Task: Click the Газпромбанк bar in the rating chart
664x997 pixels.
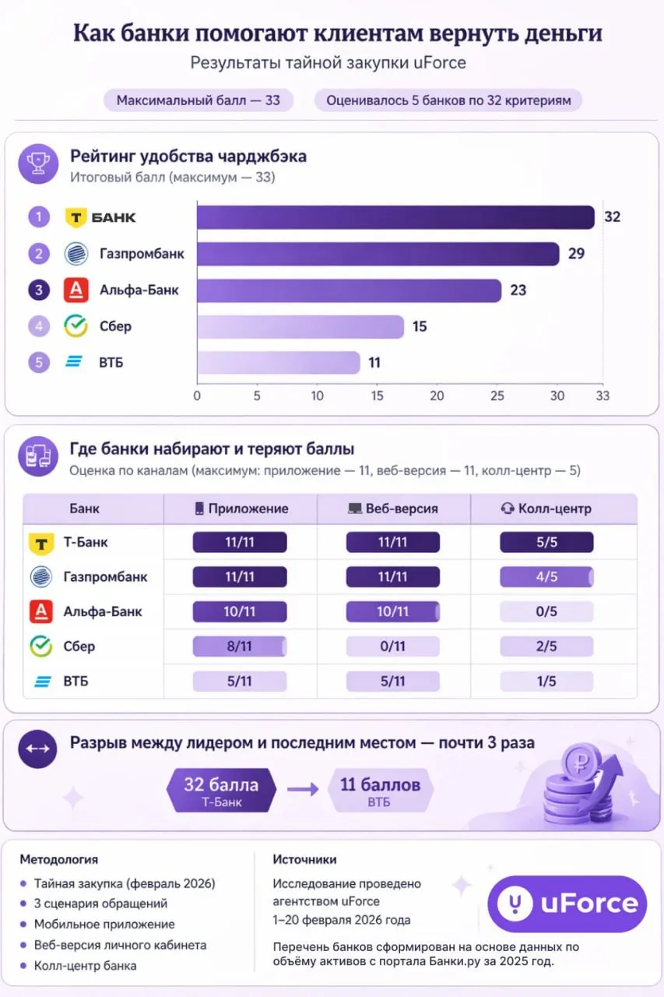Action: pyautogui.click(x=378, y=254)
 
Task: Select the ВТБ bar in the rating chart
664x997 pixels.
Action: pyautogui.click(x=279, y=363)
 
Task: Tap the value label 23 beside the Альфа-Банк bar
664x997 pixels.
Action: pyautogui.click(x=518, y=291)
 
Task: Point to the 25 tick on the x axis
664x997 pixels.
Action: pyautogui.click(x=497, y=396)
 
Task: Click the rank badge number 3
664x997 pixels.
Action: pyautogui.click(x=39, y=291)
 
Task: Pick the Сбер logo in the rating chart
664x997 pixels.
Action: pyautogui.click(x=76, y=326)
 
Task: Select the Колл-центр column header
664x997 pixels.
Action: pyautogui.click(x=546, y=509)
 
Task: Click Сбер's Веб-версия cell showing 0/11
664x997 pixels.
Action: pyautogui.click(x=392, y=646)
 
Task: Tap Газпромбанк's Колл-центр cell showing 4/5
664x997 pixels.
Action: pyautogui.click(x=546, y=577)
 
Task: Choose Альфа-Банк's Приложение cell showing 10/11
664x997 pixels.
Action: pyautogui.click(x=240, y=611)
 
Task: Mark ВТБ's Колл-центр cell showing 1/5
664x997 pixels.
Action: pyautogui.click(x=546, y=681)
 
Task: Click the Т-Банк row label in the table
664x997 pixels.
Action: pyautogui.click(x=86, y=542)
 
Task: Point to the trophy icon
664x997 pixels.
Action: pyautogui.click(x=38, y=164)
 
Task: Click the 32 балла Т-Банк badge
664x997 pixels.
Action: pyautogui.click(x=222, y=791)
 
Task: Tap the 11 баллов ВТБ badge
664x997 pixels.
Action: pyautogui.click(x=380, y=791)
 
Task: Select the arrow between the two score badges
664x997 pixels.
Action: pyautogui.click(x=303, y=790)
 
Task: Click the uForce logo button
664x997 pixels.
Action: pyautogui.click(x=567, y=904)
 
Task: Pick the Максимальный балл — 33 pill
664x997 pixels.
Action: pyautogui.click(x=198, y=100)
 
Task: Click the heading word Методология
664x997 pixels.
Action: pyautogui.click(x=59, y=859)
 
